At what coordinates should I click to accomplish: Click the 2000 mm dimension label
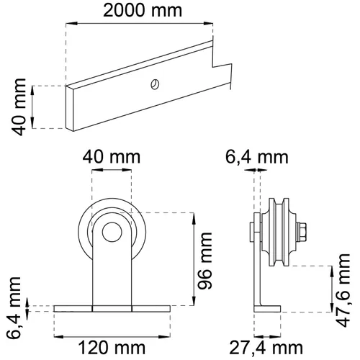[x=143, y=11]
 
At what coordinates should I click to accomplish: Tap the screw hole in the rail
[x=155, y=84]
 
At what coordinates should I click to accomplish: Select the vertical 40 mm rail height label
[x=19, y=107]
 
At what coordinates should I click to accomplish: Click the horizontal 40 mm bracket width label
[x=112, y=157]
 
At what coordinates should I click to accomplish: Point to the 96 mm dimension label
[x=204, y=261]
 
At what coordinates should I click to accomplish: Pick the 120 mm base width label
[x=112, y=348]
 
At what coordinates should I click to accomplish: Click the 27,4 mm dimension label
[x=266, y=348]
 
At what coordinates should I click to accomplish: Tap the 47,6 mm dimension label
[x=343, y=290]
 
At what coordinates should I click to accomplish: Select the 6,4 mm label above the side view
[x=257, y=158]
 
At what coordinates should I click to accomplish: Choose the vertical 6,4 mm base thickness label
[x=14, y=308]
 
